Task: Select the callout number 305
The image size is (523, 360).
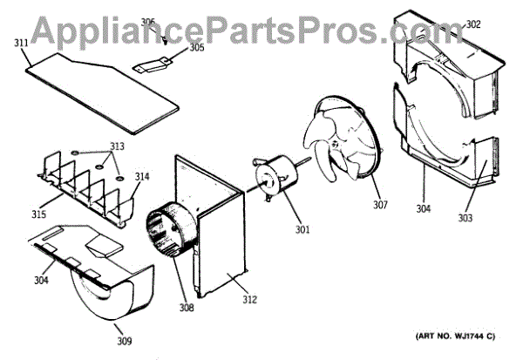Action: point(197,48)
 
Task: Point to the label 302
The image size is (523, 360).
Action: point(473,24)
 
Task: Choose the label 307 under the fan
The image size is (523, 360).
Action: point(380,207)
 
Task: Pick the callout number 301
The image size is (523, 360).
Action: point(300,230)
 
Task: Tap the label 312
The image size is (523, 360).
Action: point(250,301)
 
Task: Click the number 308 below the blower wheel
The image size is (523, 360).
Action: point(187,307)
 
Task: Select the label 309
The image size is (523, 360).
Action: point(125,340)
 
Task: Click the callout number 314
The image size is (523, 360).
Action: point(141,177)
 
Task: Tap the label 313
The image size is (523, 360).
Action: point(117,146)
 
